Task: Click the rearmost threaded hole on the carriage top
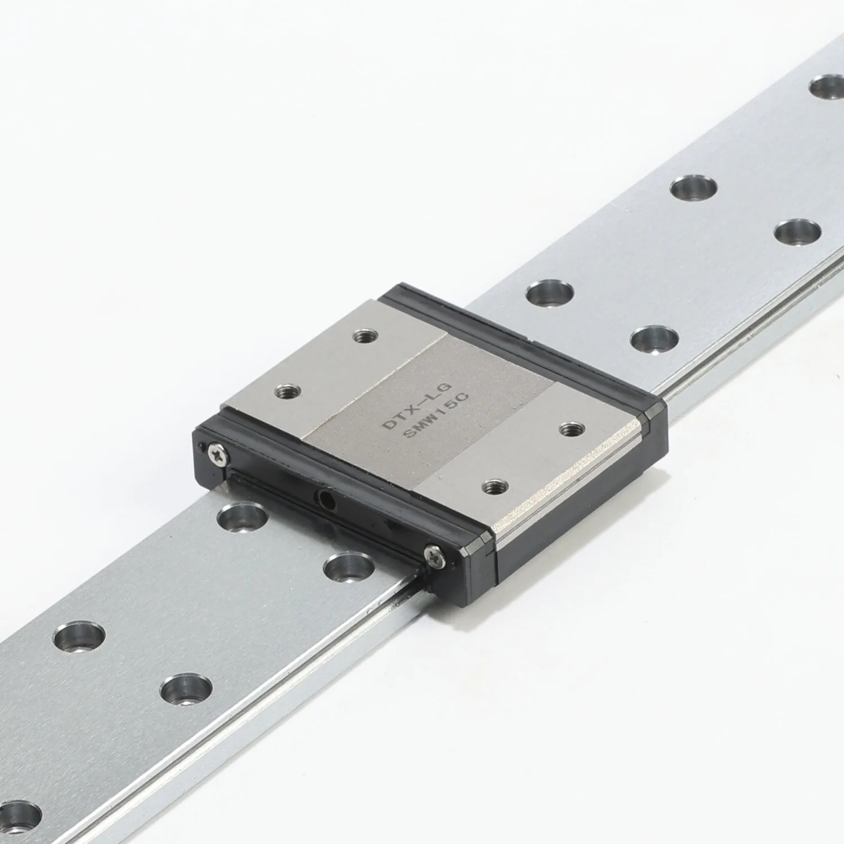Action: (363, 337)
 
